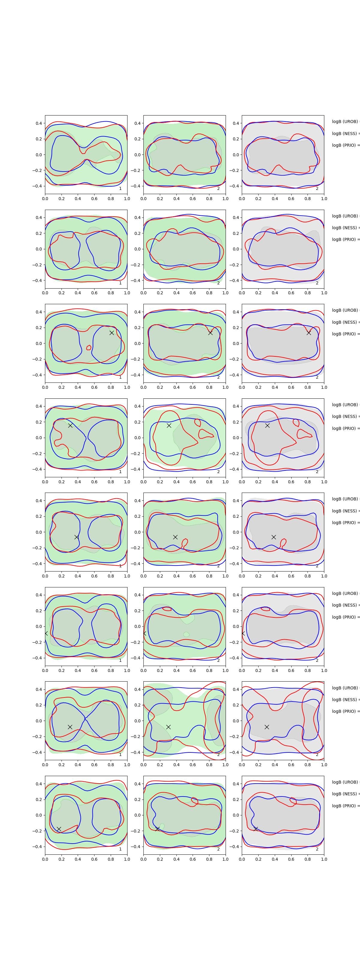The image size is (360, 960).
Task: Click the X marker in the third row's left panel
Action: click(x=111, y=332)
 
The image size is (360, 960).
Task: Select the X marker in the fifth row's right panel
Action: click(x=274, y=537)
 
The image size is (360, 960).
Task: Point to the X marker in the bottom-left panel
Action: click(x=59, y=829)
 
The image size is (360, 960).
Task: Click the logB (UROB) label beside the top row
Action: click(x=345, y=121)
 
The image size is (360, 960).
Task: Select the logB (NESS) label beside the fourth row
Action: click(x=345, y=416)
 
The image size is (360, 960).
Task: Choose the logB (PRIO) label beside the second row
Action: click(x=345, y=239)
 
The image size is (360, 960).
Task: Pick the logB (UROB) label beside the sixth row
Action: click(x=345, y=593)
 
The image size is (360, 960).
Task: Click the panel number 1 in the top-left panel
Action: click(x=120, y=189)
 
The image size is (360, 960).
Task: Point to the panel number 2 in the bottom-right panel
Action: click(x=317, y=849)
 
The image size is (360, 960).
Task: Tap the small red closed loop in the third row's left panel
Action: click(x=89, y=348)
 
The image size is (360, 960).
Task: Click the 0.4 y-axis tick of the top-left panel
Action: click(x=39, y=123)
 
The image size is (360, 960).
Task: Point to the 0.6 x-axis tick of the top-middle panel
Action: click(x=193, y=199)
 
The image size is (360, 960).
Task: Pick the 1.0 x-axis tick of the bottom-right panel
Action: click(x=324, y=859)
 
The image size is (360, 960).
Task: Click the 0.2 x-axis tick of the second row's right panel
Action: click(x=258, y=293)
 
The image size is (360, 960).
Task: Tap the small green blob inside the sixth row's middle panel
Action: click(x=186, y=634)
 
